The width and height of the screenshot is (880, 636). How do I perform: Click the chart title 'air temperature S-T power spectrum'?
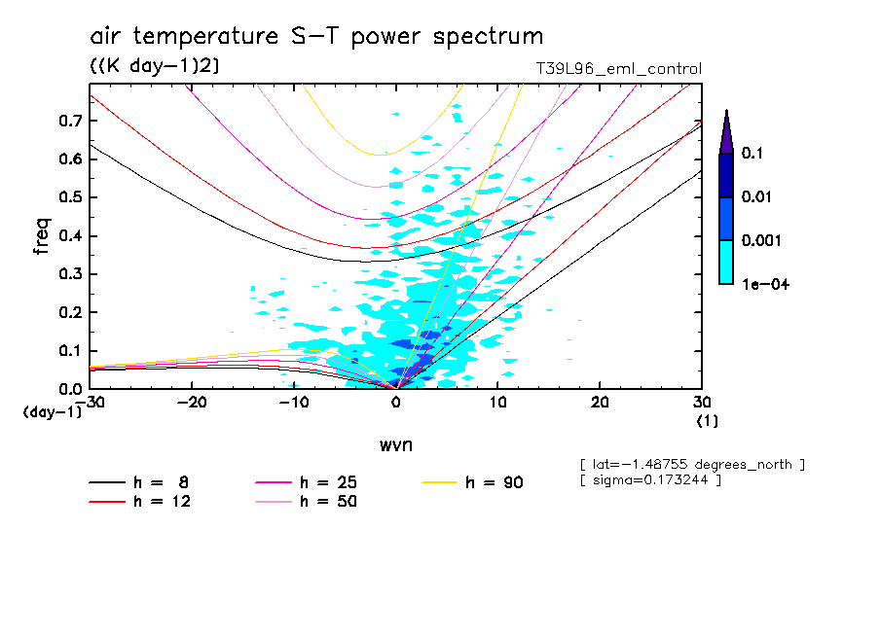pos(316,37)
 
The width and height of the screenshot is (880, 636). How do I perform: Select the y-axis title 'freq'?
pos(42,235)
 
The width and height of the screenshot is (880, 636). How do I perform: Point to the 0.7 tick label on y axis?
pos(70,121)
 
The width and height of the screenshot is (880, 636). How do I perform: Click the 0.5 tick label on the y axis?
pos(70,197)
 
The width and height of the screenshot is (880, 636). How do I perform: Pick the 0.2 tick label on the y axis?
pos(70,312)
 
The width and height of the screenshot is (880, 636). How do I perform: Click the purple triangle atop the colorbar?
pos(725,132)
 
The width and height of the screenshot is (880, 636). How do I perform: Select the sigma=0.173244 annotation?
pos(650,480)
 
